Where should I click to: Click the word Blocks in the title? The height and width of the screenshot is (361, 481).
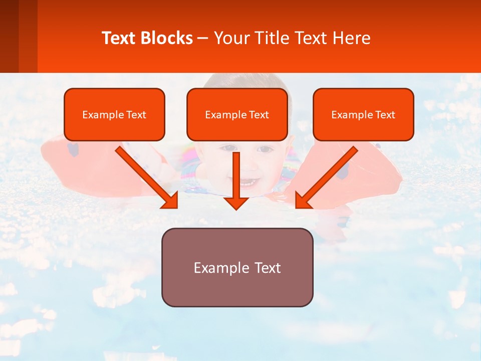tap(167, 38)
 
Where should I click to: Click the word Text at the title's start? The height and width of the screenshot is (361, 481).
tap(120, 38)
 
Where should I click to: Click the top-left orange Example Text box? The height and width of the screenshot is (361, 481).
tap(114, 114)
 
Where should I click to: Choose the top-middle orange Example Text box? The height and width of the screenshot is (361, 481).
tap(237, 114)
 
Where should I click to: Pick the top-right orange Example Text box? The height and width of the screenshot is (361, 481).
tap(363, 114)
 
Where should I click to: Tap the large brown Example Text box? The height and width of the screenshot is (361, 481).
tap(237, 267)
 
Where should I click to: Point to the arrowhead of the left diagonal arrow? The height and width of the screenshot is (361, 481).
tap(170, 201)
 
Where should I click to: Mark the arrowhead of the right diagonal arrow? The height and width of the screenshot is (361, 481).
tap(303, 201)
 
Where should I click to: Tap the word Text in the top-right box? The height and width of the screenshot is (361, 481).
tap(385, 115)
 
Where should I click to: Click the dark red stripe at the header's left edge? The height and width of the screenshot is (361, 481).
tap(10, 36)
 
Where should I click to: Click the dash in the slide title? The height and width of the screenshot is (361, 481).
tap(203, 39)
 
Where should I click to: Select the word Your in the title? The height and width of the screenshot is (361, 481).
tap(230, 38)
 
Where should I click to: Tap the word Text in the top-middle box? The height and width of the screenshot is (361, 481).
tap(259, 115)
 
